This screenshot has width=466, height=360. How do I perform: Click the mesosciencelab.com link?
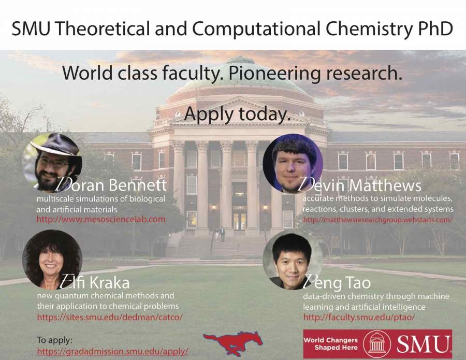101,220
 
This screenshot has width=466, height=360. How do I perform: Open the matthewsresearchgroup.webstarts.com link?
378,220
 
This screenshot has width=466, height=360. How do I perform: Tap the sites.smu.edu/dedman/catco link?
110,317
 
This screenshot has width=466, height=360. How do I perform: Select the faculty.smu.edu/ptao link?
359,317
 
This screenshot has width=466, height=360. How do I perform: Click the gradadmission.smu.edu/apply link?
113,351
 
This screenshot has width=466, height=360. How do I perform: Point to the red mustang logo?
233,343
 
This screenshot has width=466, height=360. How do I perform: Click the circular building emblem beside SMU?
376,343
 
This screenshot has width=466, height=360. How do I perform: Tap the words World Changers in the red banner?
330,340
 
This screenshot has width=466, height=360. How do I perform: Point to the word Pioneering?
274,74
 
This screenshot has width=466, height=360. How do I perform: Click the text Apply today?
237,114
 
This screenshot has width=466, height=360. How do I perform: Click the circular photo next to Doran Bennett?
52,163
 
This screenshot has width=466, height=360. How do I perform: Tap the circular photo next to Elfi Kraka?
52,260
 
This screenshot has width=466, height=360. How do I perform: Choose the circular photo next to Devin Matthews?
293,164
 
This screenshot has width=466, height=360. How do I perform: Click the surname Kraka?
109,282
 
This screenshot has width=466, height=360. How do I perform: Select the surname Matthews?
385,185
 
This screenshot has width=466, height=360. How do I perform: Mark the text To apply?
55,340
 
